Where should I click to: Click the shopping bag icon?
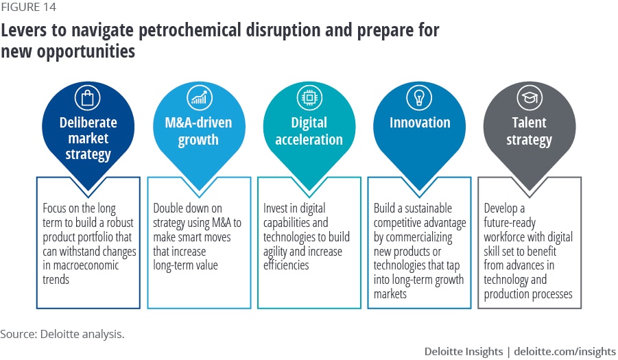(88, 97)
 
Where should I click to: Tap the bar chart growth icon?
(200, 97)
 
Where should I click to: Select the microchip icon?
(309, 97)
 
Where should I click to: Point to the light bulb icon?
(419, 97)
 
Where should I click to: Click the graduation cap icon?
(530, 97)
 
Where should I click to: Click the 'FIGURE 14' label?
(28, 7)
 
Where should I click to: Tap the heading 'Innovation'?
(420, 123)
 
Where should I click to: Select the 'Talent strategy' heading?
(530, 131)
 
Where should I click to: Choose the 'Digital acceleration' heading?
(309, 131)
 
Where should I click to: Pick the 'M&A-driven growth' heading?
(198, 131)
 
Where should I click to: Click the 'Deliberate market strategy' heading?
(88, 139)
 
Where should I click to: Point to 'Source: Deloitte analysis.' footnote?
(62, 334)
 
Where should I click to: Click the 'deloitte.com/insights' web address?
(564, 351)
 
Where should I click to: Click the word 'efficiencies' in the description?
(286, 265)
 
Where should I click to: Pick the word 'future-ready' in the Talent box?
(510, 224)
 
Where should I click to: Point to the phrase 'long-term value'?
(185, 265)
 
